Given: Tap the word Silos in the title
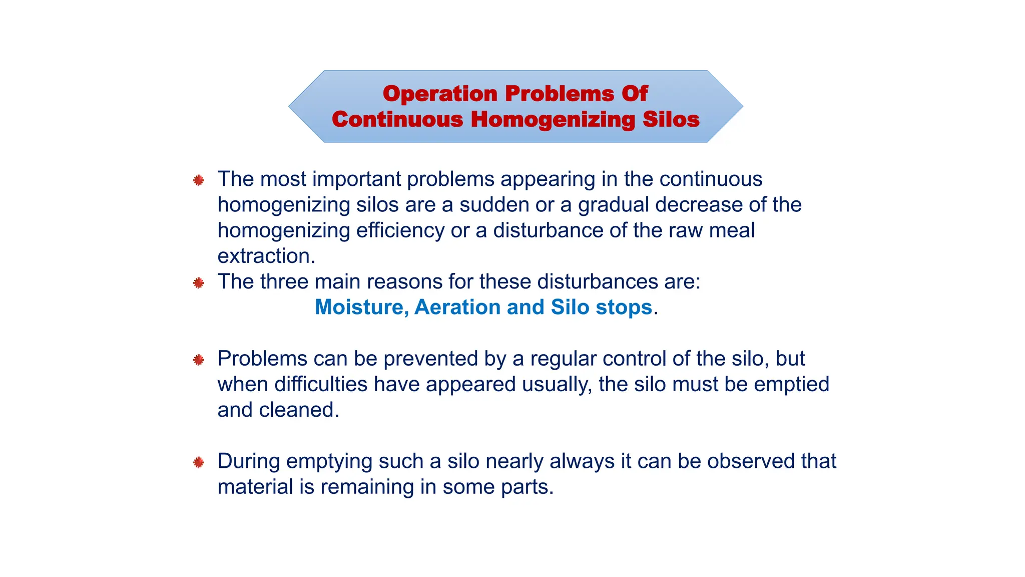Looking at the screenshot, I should [x=671, y=119].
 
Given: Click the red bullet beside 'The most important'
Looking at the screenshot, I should [x=199, y=180].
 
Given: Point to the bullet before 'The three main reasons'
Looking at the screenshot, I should [x=199, y=283].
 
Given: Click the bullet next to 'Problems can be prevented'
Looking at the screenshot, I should [x=199, y=360].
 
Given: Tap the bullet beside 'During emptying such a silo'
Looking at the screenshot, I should [x=199, y=462].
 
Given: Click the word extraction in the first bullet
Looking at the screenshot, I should [x=266, y=256].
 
